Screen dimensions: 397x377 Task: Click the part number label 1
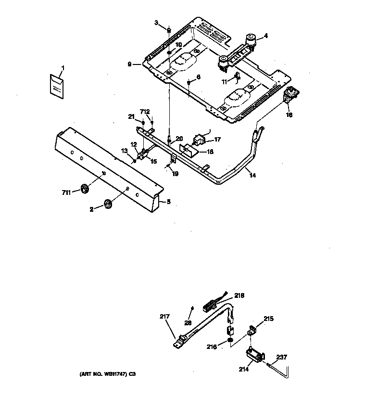[x=62, y=67]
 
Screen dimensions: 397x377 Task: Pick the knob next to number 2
[x=107, y=205]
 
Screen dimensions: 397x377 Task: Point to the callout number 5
[x=168, y=202]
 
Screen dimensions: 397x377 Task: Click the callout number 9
[x=129, y=64]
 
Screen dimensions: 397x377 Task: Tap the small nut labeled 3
[x=169, y=31]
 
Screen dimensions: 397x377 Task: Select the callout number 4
[x=266, y=36]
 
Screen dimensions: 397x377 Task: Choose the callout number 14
[x=252, y=176]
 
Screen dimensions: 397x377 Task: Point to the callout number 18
[x=210, y=152]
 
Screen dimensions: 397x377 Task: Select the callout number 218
[x=239, y=296]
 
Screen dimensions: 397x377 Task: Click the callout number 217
[x=165, y=316]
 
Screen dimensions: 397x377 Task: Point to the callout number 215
[x=268, y=318]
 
